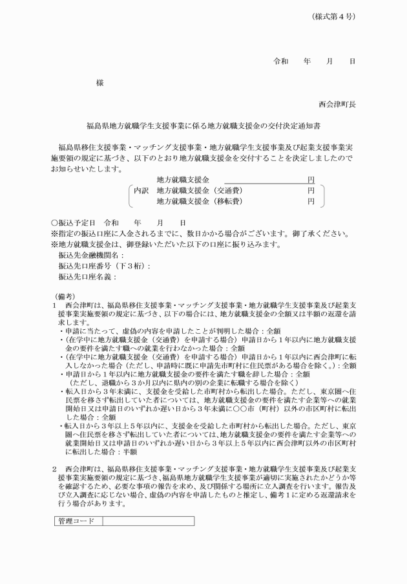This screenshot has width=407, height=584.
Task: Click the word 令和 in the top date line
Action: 281,61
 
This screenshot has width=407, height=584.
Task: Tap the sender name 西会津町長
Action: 337,103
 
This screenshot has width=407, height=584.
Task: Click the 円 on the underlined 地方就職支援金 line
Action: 311,179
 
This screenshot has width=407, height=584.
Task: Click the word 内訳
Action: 141,191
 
